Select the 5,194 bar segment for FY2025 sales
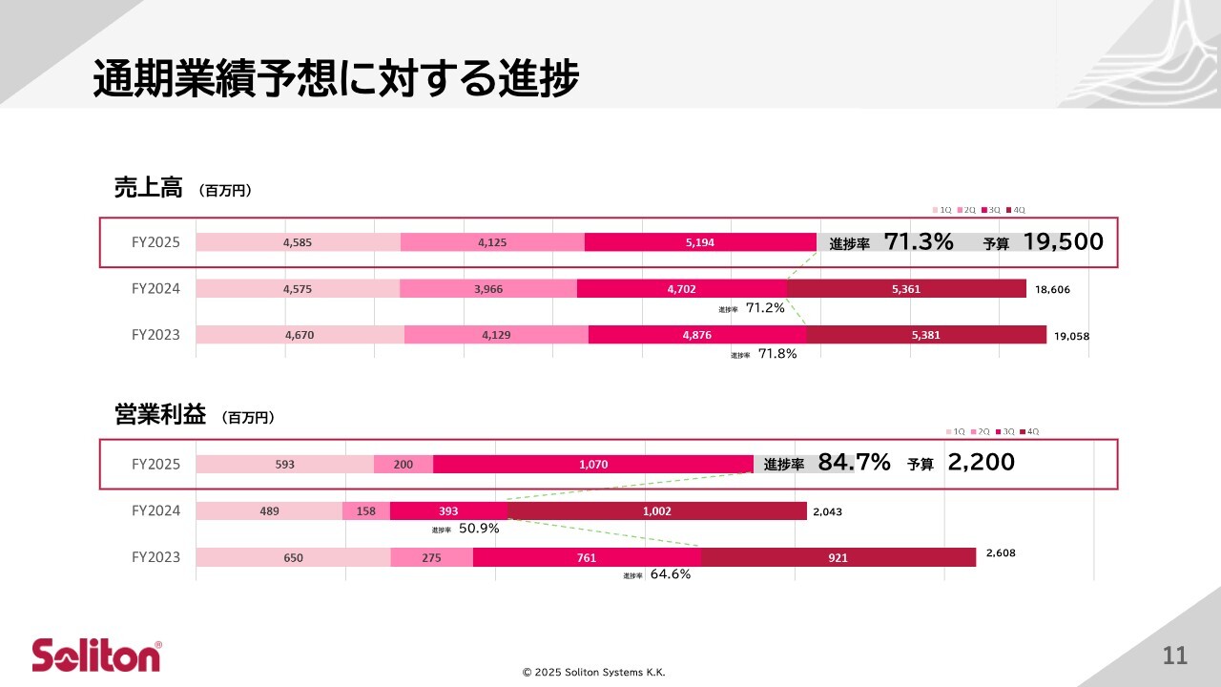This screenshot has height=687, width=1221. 700,242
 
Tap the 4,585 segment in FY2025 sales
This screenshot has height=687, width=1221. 299,242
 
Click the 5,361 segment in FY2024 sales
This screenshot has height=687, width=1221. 906,289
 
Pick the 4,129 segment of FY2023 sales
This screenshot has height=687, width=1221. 496,335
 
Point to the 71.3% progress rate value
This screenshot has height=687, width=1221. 919,242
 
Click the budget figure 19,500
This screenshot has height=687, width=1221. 1063,242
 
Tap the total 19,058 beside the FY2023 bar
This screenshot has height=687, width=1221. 1072,336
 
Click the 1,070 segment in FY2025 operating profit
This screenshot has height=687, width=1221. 593,465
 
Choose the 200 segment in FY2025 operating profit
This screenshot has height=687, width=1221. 403,465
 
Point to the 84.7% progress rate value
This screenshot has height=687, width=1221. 854,464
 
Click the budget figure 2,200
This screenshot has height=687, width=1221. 981,464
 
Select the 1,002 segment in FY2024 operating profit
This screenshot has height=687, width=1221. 657,511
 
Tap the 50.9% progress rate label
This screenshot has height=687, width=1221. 479,528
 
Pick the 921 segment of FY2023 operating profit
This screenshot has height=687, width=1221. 838,558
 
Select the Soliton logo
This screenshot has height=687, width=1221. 96,656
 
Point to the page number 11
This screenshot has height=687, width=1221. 1174,656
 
